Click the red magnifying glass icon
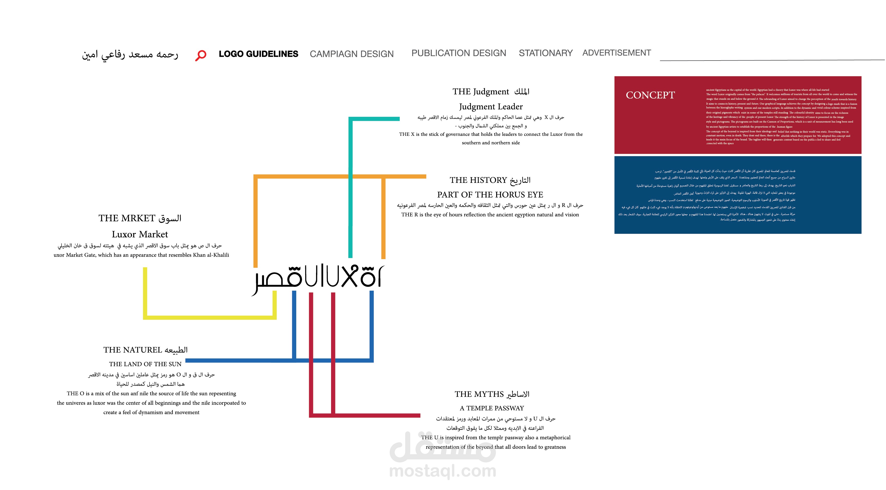tap(201, 55)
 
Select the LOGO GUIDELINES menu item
tap(258, 54)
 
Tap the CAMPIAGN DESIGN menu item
tap(352, 54)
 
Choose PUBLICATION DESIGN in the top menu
tap(459, 53)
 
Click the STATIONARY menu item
tap(545, 53)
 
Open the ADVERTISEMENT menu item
tap(616, 53)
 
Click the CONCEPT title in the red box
tap(650, 95)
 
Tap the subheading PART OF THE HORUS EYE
tap(490, 195)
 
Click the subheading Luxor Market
tap(140, 234)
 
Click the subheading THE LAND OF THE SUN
tap(145, 364)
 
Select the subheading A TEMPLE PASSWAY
tap(492, 408)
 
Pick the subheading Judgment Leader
tap(491, 107)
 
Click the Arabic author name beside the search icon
tap(130, 55)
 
